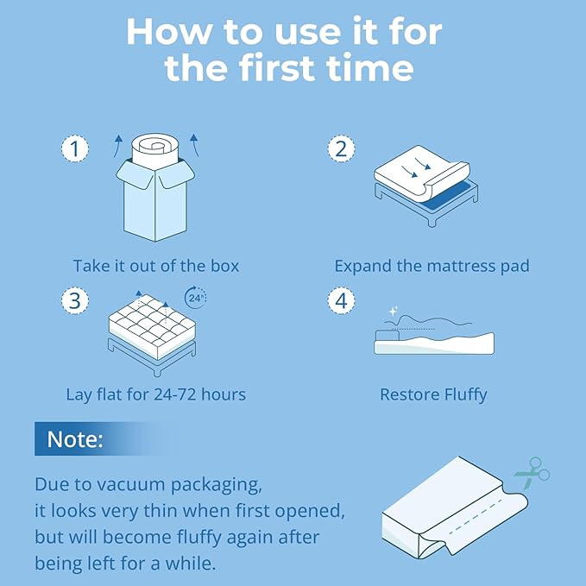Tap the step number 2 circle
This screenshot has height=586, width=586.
pyautogui.click(x=342, y=148)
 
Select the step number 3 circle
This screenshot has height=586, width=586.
pyautogui.click(x=75, y=301)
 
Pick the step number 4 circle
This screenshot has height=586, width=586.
pyautogui.click(x=342, y=301)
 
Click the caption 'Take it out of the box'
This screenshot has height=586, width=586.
pyautogui.click(x=156, y=266)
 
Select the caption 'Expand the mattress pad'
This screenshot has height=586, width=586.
pyautogui.click(x=432, y=266)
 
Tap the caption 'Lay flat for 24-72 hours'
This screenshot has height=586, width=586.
pyautogui.click(x=156, y=394)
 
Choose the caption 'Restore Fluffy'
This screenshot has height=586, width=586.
pyautogui.click(x=433, y=394)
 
